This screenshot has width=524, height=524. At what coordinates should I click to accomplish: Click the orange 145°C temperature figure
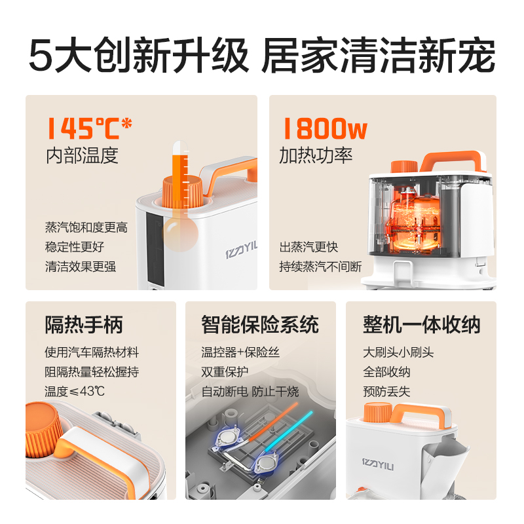(88, 128)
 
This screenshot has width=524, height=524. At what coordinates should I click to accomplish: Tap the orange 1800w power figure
(324, 128)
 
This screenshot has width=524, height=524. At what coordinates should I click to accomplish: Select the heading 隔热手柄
(84, 325)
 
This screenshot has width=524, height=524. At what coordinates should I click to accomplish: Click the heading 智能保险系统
(260, 325)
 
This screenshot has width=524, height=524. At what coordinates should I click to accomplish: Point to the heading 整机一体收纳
(422, 325)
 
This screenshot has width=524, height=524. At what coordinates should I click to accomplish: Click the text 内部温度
(82, 155)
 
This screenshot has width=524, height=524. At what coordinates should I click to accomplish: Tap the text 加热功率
(316, 155)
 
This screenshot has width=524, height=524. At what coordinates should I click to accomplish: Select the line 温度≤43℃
(75, 392)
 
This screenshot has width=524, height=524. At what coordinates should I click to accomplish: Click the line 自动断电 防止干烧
(250, 392)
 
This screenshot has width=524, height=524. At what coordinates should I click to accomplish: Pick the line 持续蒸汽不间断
(320, 267)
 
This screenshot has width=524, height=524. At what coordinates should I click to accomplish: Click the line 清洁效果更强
(81, 267)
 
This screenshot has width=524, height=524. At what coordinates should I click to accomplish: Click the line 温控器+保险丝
(240, 352)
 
